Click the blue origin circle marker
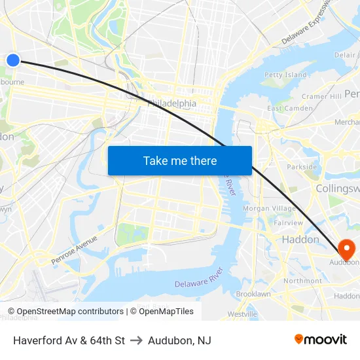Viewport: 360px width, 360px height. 13,60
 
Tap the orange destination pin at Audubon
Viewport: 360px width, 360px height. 346,249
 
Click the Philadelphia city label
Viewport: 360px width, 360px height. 172,103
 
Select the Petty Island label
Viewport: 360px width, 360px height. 285,75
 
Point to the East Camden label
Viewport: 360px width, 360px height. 289,108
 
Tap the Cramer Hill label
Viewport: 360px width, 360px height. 321,96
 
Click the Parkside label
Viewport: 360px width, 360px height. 302,167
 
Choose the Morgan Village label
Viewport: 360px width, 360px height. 269,208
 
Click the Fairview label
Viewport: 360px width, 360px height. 289,223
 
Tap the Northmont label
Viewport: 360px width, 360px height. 302,281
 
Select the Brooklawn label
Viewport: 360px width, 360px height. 253,295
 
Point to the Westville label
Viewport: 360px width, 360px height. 242,314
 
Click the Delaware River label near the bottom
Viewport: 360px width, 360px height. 199,278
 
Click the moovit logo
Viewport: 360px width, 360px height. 320,340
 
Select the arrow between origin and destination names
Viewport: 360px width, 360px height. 136,340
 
